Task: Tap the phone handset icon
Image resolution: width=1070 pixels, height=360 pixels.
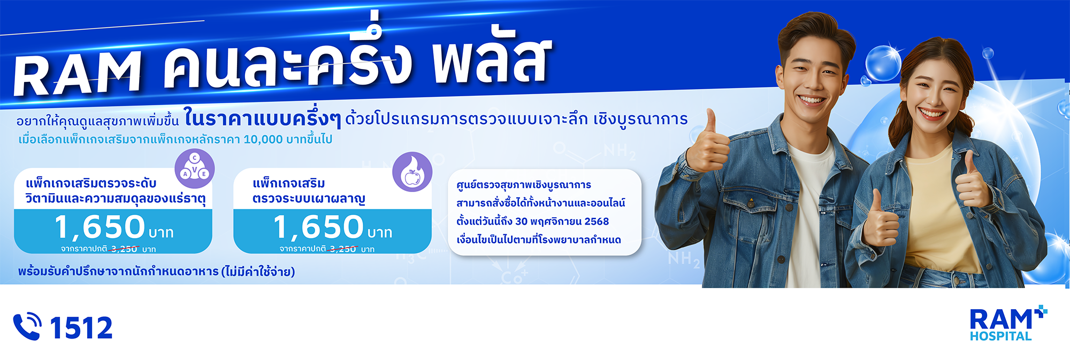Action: point(27,326)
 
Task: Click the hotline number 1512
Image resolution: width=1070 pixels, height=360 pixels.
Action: point(81,327)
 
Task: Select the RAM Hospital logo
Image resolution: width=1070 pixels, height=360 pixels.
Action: point(1008,324)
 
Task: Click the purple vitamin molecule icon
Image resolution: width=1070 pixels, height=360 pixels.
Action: point(195,168)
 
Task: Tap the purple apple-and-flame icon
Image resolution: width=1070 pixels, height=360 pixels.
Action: point(412,172)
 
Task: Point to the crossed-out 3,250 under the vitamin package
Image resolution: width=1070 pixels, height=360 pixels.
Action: point(124,249)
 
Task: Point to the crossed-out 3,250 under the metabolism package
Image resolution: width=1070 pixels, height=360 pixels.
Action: point(343,249)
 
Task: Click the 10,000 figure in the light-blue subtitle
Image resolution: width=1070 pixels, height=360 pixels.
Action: point(263,140)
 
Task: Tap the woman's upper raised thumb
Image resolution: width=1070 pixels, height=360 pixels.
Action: point(967,163)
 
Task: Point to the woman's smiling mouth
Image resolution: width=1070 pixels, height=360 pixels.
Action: point(931,113)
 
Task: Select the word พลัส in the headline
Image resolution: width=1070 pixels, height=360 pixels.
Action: point(492,56)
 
